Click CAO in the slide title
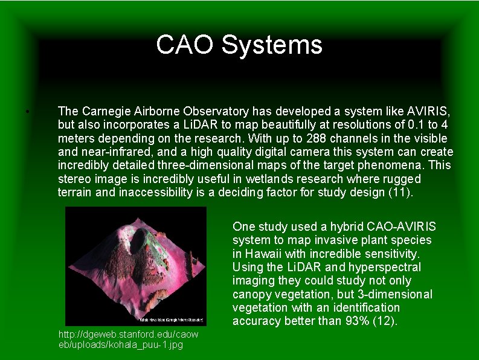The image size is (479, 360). (x=186, y=45)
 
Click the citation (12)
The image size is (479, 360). (x=386, y=321)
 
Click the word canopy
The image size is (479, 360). (x=253, y=294)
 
